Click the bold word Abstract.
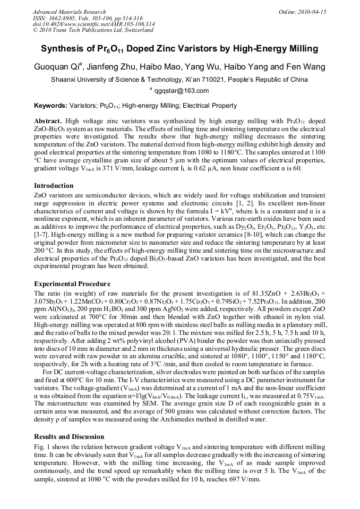[x=48, y=121]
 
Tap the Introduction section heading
[x=54, y=186]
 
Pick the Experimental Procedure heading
[x=72, y=283]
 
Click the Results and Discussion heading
[x=69, y=436]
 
